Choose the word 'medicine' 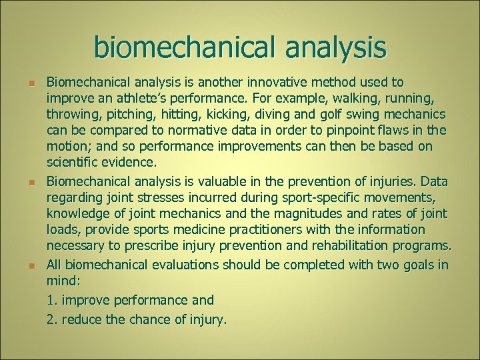tap(195, 229)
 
